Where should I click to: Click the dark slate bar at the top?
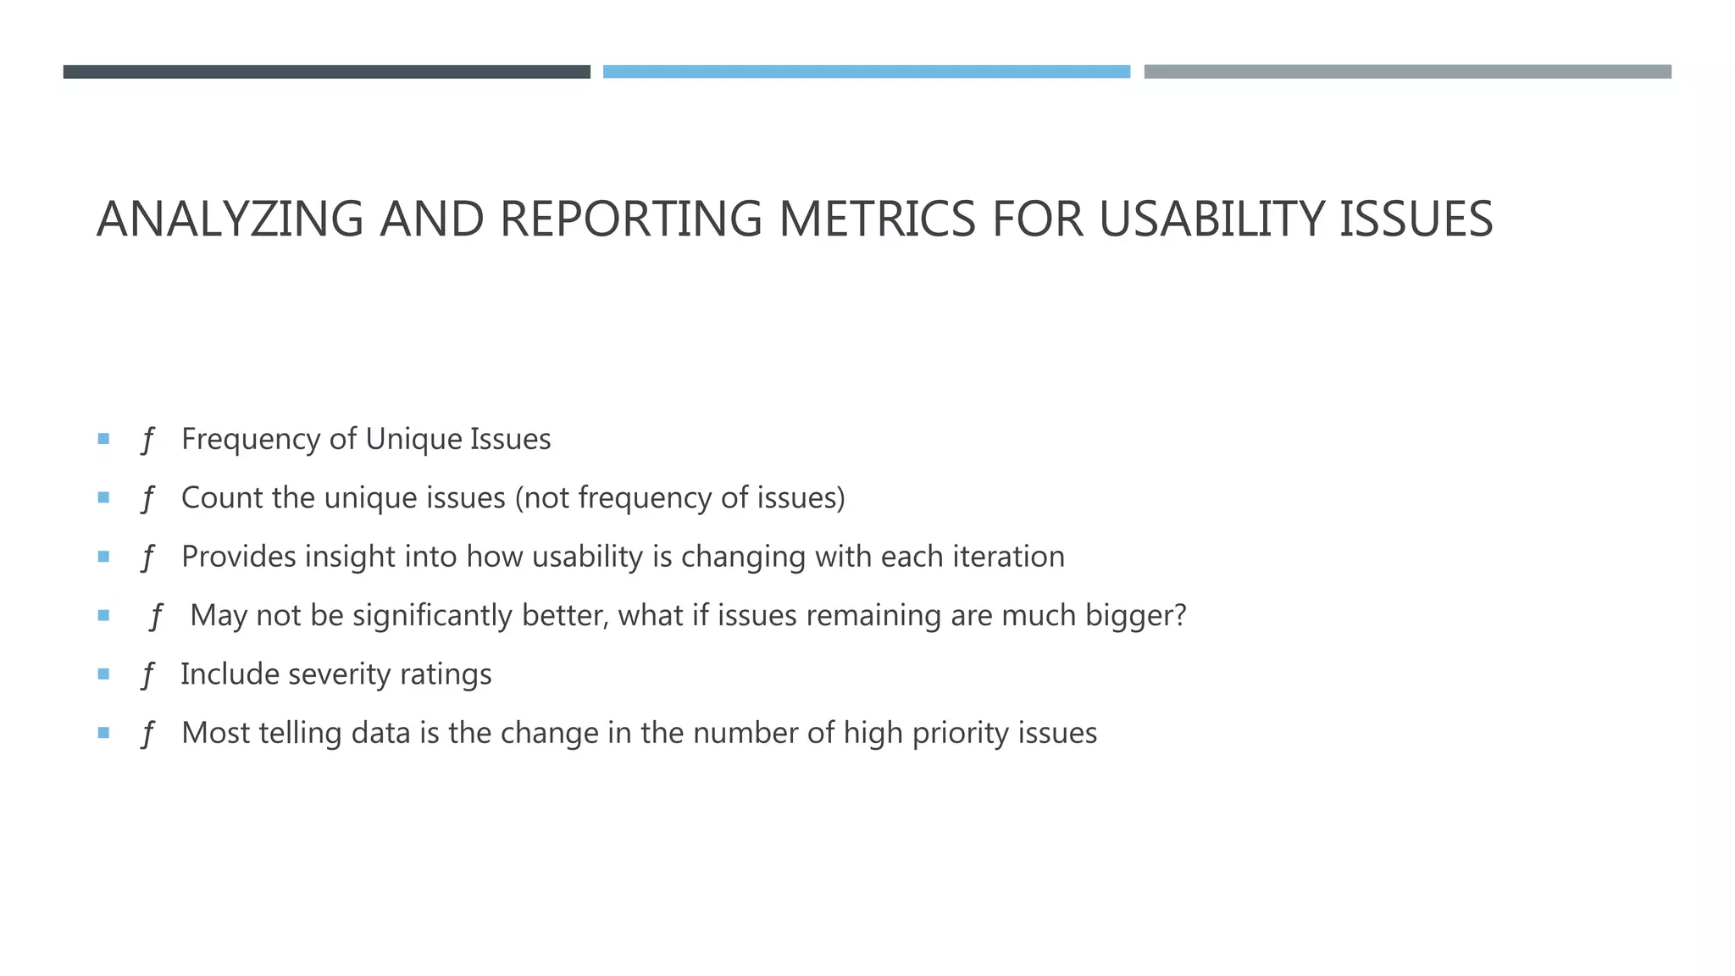tap(326, 72)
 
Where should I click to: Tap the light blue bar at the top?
tap(866, 72)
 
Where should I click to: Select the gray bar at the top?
tap(1407, 72)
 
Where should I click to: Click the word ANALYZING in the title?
tap(230, 219)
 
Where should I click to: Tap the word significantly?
tap(432, 616)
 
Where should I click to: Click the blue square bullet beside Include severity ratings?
tap(103, 674)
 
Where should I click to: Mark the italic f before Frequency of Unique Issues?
tap(147, 440)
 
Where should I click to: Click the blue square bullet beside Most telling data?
tap(103, 733)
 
